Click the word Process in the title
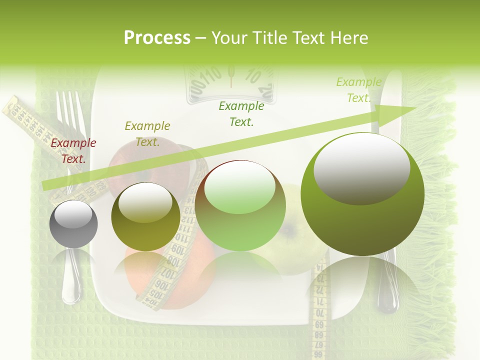pyautogui.click(x=157, y=38)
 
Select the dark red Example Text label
pyautogui.click(x=73, y=151)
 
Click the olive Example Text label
pyautogui.click(x=147, y=134)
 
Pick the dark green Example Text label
pyautogui.click(x=241, y=113)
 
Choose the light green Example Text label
pyautogui.click(x=358, y=90)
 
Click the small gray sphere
pyautogui.click(x=73, y=224)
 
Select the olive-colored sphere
pyautogui.click(x=145, y=216)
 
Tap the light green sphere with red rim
pyautogui.click(x=240, y=205)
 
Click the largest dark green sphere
pyautogui.click(x=362, y=194)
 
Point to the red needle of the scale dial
pyautogui.click(x=231, y=75)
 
